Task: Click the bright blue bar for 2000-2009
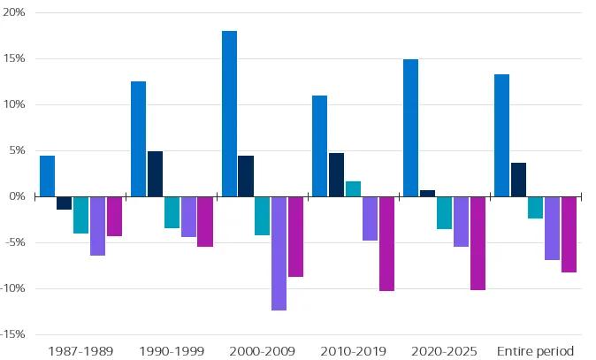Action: pyautogui.click(x=229, y=113)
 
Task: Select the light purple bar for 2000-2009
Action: pyautogui.click(x=279, y=253)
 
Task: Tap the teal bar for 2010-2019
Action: pyautogui.click(x=353, y=188)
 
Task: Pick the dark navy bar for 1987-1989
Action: pyautogui.click(x=64, y=203)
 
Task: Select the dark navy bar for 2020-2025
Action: pyautogui.click(x=428, y=193)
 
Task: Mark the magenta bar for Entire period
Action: pyautogui.click(x=569, y=234)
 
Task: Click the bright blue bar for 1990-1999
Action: pyautogui.click(x=138, y=139)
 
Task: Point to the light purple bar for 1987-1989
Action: pyautogui.click(x=97, y=226)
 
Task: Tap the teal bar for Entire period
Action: pyautogui.click(x=535, y=207)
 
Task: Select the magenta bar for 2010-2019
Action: pyautogui.click(x=386, y=243)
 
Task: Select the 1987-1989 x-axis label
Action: pyautogui.click(x=80, y=351)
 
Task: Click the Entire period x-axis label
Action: pyautogui.click(x=535, y=351)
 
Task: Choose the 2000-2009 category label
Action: pyautogui.click(x=262, y=351)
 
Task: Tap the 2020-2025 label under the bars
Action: pyautogui.click(x=445, y=351)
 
